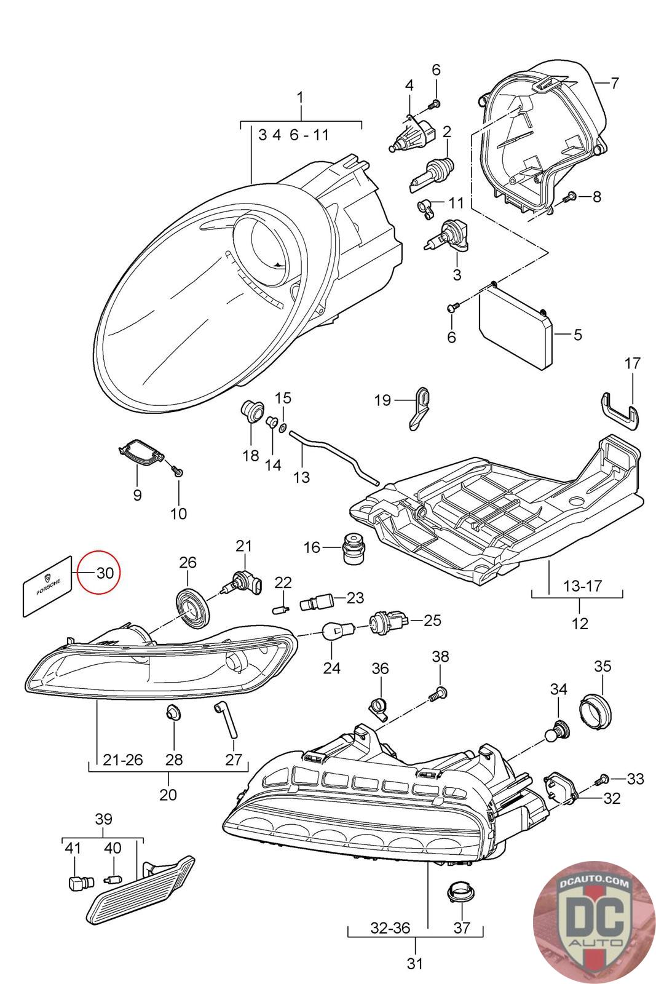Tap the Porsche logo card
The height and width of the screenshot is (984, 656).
(x=49, y=585)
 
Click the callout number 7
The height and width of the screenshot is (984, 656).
(x=614, y=82)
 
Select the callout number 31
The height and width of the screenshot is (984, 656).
(x=416, y=964)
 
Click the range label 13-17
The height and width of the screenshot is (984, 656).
(x=580, y=586)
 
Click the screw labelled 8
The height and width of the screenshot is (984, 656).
(x=569, y=197)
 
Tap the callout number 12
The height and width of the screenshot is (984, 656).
(x=580, y=623)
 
